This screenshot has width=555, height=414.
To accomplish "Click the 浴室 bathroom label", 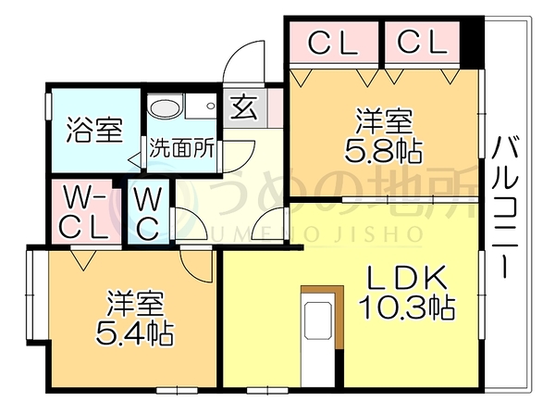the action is tap(94, 130).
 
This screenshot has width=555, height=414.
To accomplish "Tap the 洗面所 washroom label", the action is tap(181, 148).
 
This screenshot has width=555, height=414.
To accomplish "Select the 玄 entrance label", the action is tap(244, 108).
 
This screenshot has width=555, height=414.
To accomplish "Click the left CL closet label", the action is tap(333, 43).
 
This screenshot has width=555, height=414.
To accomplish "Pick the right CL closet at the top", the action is tap(422, 43).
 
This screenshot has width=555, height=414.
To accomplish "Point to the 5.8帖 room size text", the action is tap(384, 152).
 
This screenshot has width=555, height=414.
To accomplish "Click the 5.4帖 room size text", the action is tap(134, 333).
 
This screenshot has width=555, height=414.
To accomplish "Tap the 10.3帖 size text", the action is tap(406, 307).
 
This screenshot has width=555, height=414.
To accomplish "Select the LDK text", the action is tap(406, 278).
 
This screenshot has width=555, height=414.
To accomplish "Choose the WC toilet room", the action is tap(149, 212).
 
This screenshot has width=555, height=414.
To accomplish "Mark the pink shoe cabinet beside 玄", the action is tap(275, 107).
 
